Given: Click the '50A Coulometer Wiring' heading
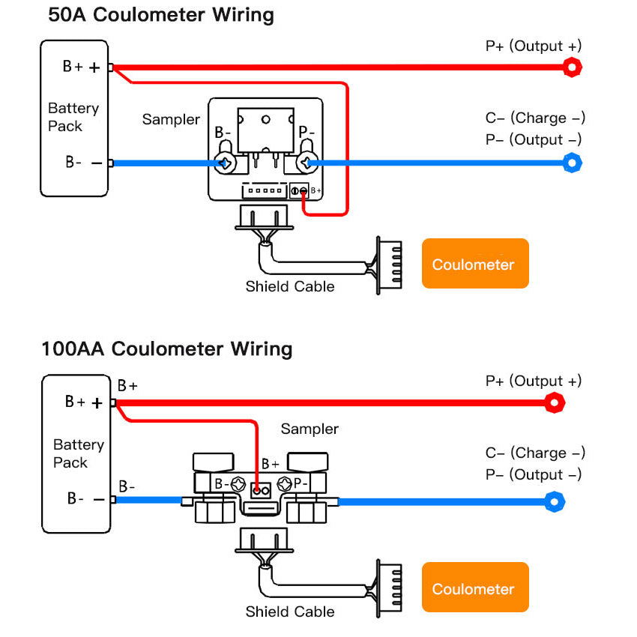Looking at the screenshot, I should coord(160,15).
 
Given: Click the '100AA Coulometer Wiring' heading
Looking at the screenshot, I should coord(166,349).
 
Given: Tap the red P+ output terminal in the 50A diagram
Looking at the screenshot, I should coord(573,67).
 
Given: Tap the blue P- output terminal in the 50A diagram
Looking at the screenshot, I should coord(573,163).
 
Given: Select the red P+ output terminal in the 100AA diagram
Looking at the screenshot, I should coord(554,404).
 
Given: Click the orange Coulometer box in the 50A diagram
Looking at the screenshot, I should coord(474,264).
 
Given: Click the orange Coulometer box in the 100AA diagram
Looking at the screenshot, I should coord(474,589).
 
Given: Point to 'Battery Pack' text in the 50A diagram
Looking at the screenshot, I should coord(73,118).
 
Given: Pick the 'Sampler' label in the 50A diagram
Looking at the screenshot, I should coord(171,120).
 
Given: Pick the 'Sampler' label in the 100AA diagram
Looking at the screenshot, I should coord(310,429).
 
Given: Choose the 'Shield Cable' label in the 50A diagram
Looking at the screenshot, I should coord(290,286).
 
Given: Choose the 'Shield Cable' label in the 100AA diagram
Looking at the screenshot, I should coord(290,612).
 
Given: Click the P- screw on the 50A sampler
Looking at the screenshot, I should coord(307,163).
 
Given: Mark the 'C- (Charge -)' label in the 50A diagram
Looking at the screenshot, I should coord(535,118).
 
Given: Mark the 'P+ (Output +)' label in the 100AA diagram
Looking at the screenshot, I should coord(533,381).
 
